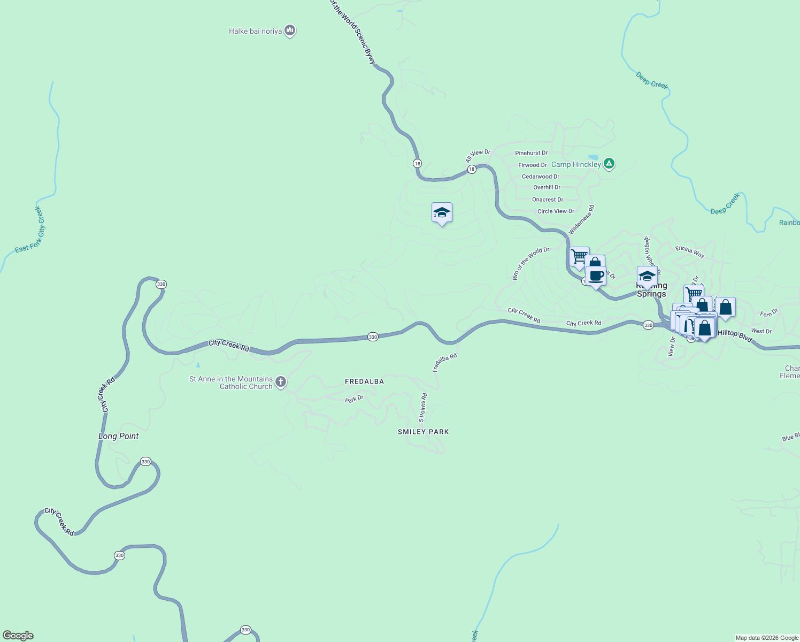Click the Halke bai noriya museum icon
coord(290,30)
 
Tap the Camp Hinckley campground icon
coord(609,164)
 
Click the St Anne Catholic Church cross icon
coord(281,382)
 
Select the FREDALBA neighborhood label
coord(364,381)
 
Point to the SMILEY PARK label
coord(423,432)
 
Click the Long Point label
coord(118,436)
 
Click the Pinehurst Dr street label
coord(531,153)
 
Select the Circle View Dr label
coord(556,211)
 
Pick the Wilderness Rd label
coord(581,220)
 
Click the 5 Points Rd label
coord(423,408)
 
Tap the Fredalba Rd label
coord(444,363)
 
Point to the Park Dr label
coord(354,399)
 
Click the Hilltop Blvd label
coord(735,336)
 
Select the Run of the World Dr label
coord(530,263)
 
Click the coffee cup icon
coord(596,276)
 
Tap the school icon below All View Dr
coord(442,213)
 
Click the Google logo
coord(18,636)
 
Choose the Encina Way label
coord(690,251)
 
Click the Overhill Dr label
coord(547,187)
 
